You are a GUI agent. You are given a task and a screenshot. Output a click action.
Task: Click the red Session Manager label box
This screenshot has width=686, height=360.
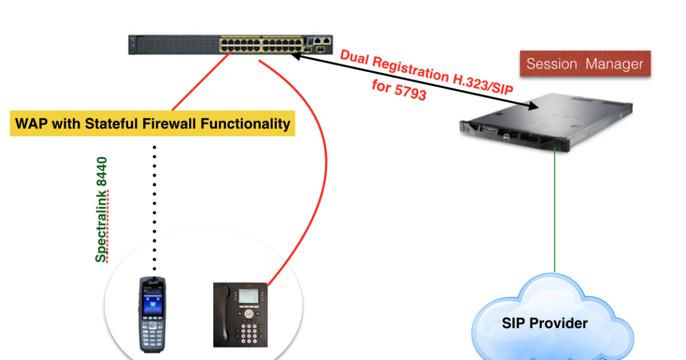[x=585, y=63]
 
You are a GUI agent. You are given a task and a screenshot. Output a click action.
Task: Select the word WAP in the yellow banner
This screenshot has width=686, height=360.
[x=31, y=123]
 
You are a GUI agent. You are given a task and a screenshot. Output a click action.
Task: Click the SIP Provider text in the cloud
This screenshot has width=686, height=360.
[x=545, y=323]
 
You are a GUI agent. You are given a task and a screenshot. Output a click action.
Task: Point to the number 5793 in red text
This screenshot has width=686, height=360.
[x=410, y=92]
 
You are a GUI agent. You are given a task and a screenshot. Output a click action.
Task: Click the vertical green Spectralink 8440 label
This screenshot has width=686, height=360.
[x=102, y=210]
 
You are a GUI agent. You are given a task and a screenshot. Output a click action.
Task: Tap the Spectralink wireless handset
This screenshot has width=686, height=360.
[x=153, y=315]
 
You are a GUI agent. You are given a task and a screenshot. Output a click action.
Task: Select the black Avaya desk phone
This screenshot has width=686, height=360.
[x=241, y=315]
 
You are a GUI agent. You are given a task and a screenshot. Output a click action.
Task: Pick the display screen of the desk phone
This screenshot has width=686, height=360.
[x=248, y=297]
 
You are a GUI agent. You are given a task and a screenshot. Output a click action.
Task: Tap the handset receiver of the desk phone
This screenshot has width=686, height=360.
[x=222, y=315]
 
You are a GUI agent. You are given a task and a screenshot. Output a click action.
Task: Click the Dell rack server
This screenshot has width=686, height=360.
[x=546, y=123]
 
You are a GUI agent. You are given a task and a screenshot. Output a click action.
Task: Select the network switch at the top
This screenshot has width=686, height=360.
[x=230, y=45]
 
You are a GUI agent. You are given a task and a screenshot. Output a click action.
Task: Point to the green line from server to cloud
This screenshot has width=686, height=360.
[x=555, y=210]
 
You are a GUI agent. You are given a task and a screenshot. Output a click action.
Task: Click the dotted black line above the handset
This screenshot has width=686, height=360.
[x=154, y=208]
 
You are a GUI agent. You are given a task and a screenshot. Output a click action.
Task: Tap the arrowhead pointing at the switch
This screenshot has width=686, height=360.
[x=297, y=57]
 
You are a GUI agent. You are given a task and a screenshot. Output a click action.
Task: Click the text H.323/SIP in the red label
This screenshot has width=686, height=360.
[x=483, y=84]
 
